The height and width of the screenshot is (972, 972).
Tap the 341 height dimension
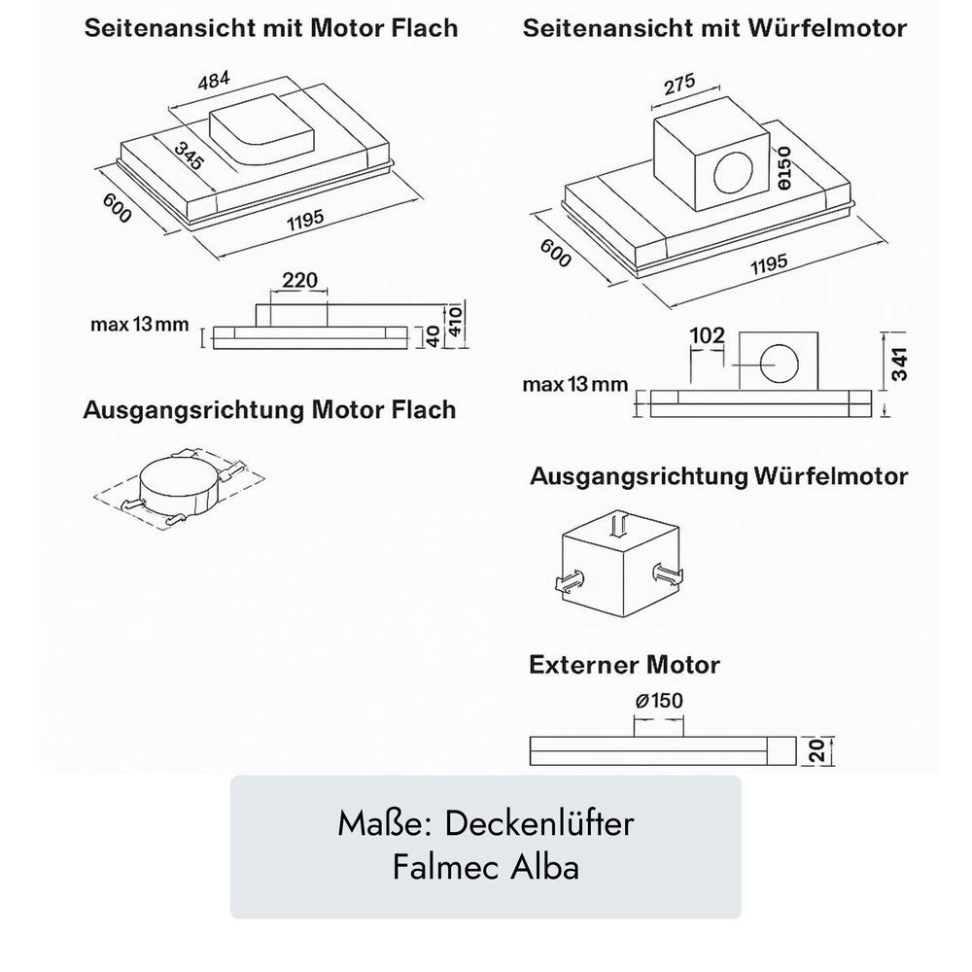click(x=900, y=362)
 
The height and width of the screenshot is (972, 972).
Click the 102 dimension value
click(x=707, y=335)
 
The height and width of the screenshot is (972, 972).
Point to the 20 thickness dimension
click(x=817, y=750)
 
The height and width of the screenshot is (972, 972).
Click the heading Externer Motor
click(x=624, y=666)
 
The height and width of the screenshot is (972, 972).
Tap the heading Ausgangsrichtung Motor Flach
click(x=269, y=409)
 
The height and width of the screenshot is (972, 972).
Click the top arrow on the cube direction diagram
click(x=618, y=526)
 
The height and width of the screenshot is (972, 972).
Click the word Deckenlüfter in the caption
click(x=539, y=824)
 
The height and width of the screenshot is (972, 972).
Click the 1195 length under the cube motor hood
click(x=769, y=263)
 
